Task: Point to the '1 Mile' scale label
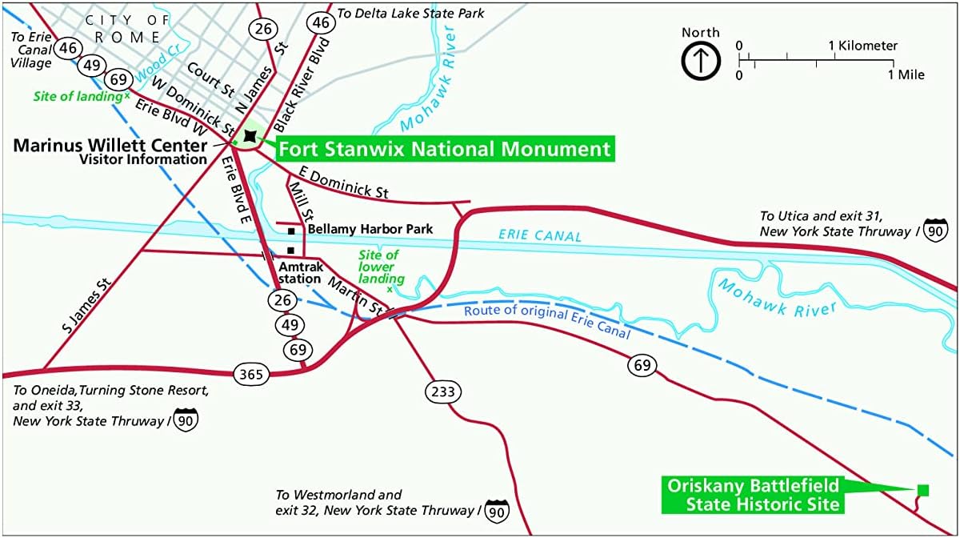click(906, 74)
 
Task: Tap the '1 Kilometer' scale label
click(863, 46)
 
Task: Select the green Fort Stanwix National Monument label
click(444, 149)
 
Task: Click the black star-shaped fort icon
click(250, 137)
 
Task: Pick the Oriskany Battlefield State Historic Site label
click(752, 495)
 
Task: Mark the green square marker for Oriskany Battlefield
click(922, 489)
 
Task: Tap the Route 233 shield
click(441, 391)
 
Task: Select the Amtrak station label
click(300, 272)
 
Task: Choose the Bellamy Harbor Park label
click(370, 229)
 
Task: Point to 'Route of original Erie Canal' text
click(547, 320)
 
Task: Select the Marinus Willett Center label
click(110, 146)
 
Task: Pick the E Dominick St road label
click(343, 182)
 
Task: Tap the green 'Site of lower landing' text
click(378, 267)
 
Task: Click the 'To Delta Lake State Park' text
click(410, 14)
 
